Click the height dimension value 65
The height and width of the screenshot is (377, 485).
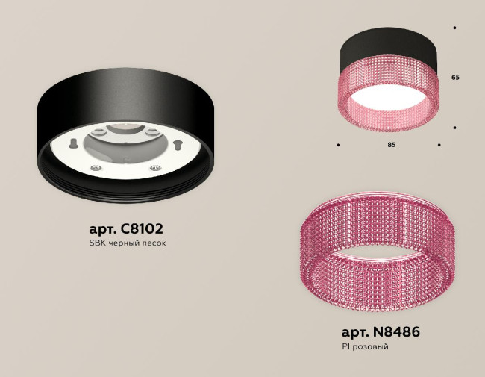(455, 77)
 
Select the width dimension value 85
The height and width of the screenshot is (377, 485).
(391, 144)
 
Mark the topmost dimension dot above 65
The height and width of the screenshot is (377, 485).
(455, 28)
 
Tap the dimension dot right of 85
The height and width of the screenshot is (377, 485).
(439, 144)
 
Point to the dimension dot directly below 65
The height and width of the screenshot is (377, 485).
(455, 128)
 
